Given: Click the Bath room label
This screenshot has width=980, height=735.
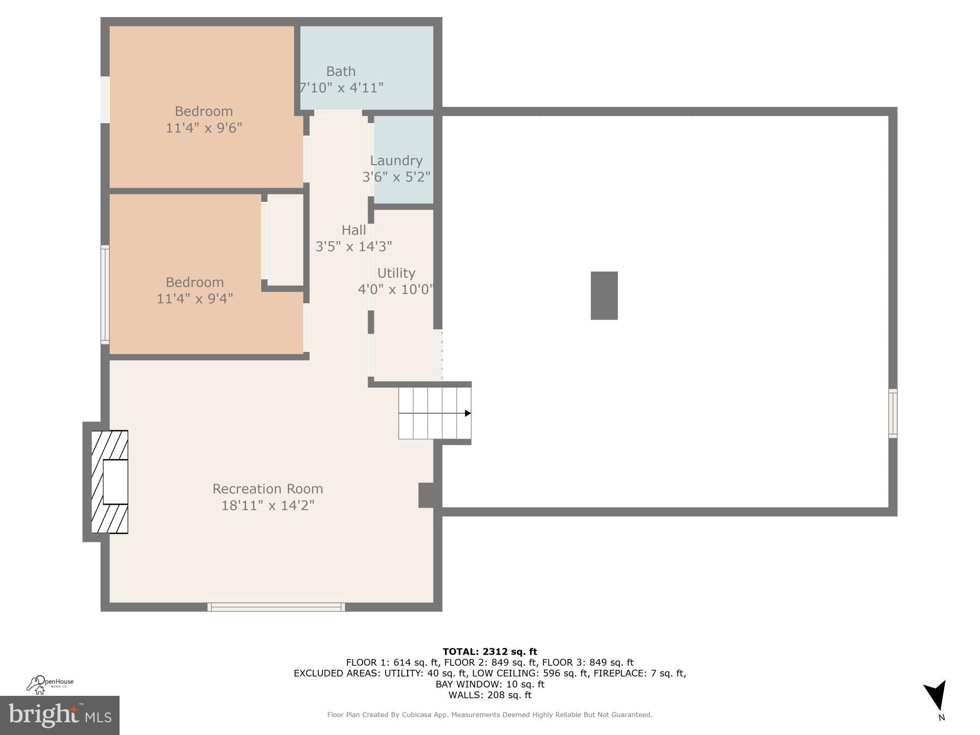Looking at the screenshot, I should pos(341,72).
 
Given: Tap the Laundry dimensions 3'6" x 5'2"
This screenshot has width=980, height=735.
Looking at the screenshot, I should pos(396,177).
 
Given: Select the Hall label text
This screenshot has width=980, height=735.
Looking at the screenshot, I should pos(354,230).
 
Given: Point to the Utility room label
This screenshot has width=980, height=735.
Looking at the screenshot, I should pos(396,273).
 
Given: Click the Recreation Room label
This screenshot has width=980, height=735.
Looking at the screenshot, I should pos(268,489).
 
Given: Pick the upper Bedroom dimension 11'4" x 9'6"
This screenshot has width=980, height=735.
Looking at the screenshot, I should pos(204,128).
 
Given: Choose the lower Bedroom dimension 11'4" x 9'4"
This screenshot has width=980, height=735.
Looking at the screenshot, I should pos(195,298).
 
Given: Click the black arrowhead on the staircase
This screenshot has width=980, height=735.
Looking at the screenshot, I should pos(467,413).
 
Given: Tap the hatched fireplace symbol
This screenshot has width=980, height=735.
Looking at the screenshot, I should pos(110,482).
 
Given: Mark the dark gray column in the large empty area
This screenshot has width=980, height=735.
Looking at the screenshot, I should pos(604,295).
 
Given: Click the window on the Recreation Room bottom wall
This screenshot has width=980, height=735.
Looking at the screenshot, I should pos(276,607).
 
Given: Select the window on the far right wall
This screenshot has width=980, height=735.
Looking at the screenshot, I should pos(893,413).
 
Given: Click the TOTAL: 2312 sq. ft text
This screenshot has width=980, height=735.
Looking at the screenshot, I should pos(490,652).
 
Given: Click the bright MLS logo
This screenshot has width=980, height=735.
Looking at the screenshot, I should pos(59,715).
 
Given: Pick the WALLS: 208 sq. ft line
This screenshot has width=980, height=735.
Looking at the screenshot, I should pos(490,695).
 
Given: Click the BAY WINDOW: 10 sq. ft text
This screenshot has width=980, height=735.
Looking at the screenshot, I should pos(490,684).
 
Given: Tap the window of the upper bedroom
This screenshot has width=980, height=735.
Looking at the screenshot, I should pos(105,99).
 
